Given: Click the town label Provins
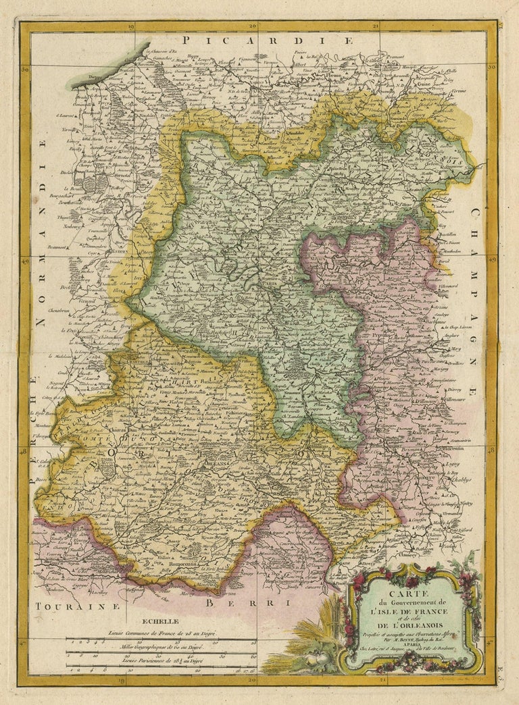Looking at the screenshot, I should pos(394,333).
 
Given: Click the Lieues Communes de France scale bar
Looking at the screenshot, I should pos(161,637).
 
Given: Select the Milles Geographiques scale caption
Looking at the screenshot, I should pos(159,647).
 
